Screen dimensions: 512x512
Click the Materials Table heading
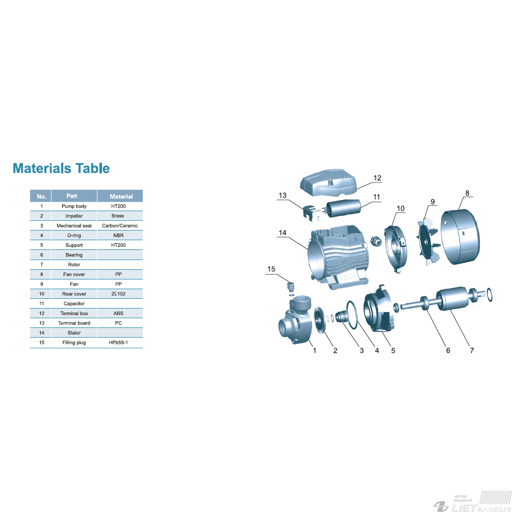(x=61, y=168)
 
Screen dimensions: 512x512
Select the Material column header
(x=121, y=196)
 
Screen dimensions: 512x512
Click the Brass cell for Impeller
(x=118, y=216)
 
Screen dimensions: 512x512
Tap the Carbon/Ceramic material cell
(x=120, y=225)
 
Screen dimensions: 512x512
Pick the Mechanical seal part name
(x=74, y=225)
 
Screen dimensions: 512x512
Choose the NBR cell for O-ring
(x=118, y=236)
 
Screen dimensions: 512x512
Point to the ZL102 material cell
(x=118, y=294)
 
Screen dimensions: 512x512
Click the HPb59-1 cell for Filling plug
(x=118, y=343)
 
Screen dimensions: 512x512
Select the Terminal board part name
(x=74, y=323)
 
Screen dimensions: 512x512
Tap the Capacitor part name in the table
(x=74, y=303)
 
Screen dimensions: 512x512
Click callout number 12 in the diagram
(x=377, y=178)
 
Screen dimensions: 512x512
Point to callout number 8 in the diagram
(x=467, y=193)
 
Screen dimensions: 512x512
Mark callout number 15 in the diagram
(x=271, y=269)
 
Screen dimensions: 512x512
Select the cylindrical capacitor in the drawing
(x=344, y=208)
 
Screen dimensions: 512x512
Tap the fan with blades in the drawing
(x=428, y=242)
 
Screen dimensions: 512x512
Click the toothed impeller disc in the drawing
(x=319, y=321)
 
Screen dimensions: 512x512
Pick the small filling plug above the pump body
(x=291, y=287)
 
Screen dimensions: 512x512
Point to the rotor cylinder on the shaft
(x=452, y=298)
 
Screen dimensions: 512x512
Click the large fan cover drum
(x=460, y=237)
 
